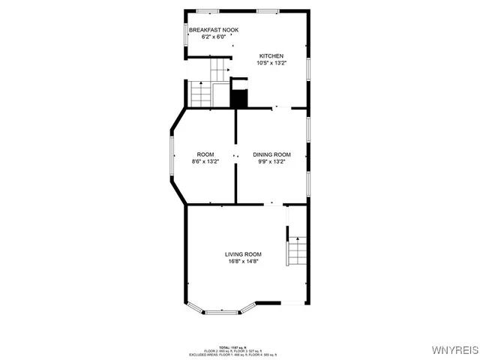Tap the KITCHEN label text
click(271, 56)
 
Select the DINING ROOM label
click(271, 154)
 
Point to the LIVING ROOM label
click(243, 254)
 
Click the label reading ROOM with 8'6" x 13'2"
click(205, 154)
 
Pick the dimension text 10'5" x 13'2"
click(271, 63)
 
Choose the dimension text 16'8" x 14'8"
click(243, 261)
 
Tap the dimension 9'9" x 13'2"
click(271, 161)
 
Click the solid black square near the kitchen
click(238, 98)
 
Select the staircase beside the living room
click(298, 251)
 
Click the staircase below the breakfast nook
click(200, 94)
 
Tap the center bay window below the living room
click(222, 310)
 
